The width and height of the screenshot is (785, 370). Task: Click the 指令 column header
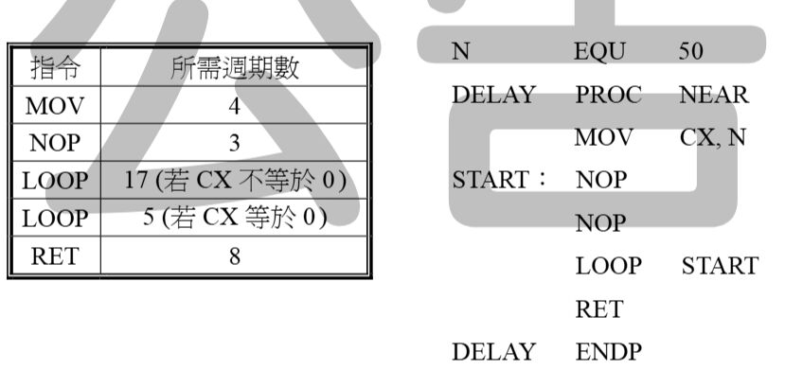55,67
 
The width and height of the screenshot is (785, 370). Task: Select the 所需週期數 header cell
235,67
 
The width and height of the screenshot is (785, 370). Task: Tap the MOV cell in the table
55,105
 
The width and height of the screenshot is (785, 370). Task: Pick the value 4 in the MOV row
234,106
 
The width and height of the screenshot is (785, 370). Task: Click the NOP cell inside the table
55,143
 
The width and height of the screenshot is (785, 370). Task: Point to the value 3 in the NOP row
234,144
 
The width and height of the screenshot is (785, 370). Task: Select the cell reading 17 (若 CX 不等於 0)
235,180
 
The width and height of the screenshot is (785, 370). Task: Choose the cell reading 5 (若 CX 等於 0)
235,218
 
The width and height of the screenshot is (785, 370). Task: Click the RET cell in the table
55,256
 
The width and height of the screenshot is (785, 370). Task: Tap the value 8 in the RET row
234,256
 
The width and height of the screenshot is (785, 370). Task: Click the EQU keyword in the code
599,51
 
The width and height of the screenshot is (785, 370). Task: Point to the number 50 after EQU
691,51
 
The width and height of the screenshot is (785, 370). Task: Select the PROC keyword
608,95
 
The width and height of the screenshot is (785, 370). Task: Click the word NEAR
714,95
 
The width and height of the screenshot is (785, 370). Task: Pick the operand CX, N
713,137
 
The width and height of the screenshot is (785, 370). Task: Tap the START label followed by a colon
499,180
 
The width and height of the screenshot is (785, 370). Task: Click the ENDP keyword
608,351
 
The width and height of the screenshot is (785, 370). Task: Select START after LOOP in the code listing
720,266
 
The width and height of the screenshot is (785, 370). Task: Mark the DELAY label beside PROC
494,95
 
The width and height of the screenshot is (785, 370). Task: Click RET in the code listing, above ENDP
598,309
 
